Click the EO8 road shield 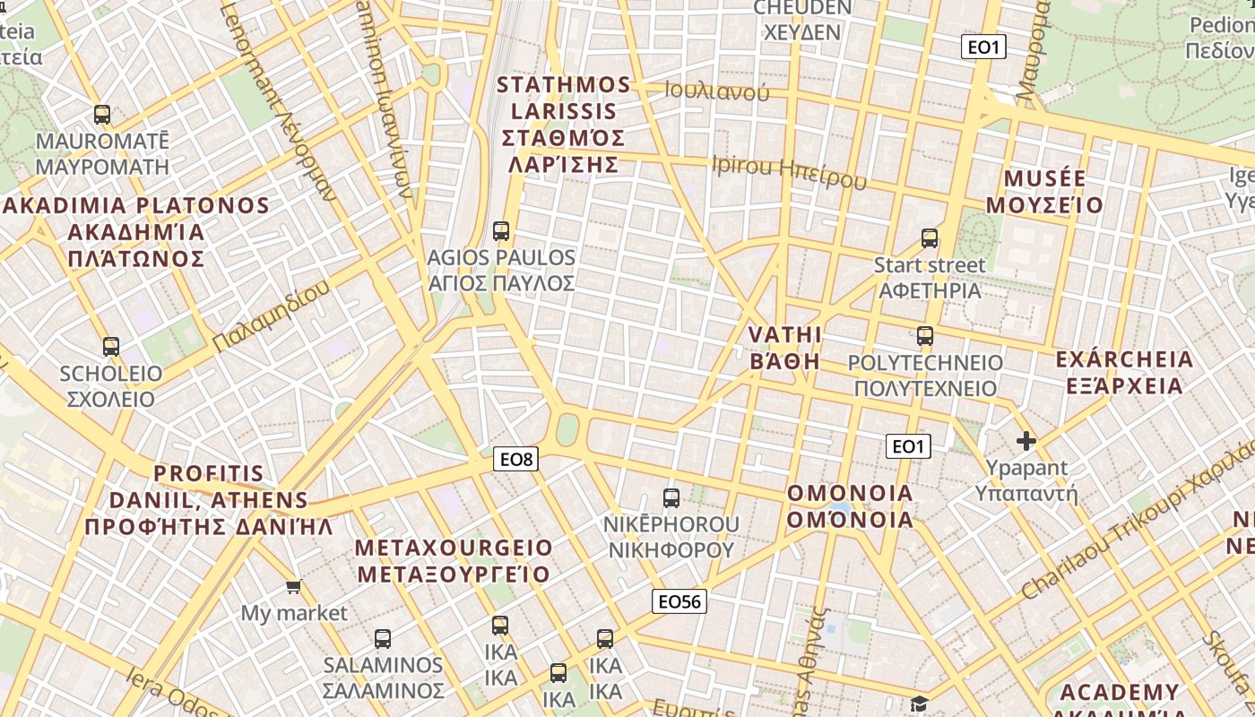pos(516,460)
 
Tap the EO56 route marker pos(679,601)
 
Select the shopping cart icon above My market pos(293,587)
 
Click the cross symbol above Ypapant pos(1026,441)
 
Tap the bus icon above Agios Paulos pos(501,231)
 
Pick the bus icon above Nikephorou pos(671,498)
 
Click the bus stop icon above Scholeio pos(111,347)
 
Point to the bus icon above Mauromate pos(102,115)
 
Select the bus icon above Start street pos(930,238)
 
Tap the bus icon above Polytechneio pos(925,337)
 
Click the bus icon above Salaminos pos(383,639)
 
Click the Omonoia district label pos(850,506)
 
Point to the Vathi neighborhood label pos(784,348)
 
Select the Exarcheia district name pos(1124,373)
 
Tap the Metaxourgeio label pos(454,560)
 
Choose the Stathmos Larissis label pos(564,125)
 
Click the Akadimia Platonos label pos(136,232)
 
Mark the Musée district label pos(1044,192)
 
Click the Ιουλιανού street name pos(717,91)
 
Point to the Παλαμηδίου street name pos(272,315)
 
